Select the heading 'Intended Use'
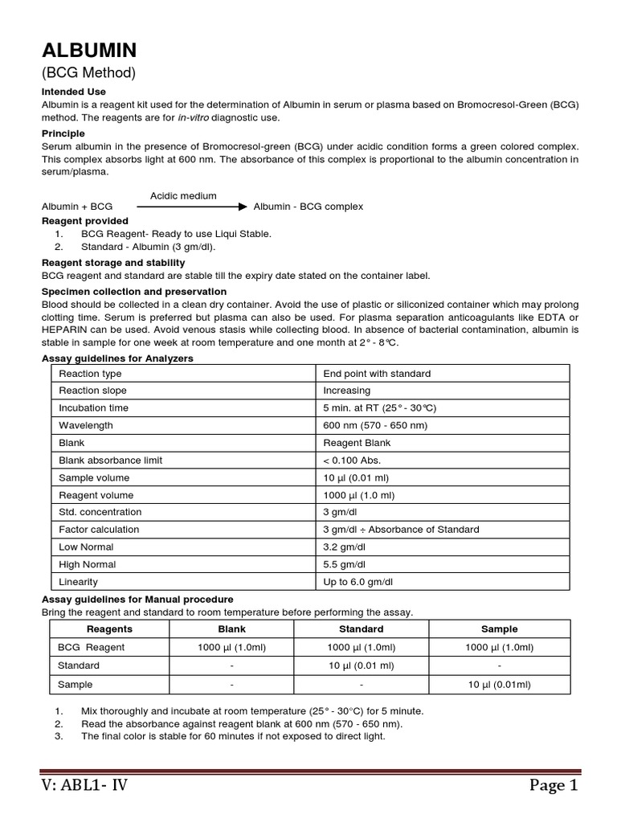tap(73, 92)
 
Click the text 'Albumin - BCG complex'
tap(308, 207)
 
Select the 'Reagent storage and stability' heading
tap(113, 263)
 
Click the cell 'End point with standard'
tap(377, 374)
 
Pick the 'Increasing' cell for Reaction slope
tap(347, 391)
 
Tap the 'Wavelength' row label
tap(86, 425)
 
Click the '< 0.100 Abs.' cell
tap(352, 461)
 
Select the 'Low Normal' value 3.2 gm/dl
tap(345, 547)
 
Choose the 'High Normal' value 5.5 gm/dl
tap(345, 564)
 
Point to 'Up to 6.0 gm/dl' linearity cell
tap(358, 581)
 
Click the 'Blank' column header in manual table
tap(232, 629)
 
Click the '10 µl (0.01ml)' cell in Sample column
tap(499, 685)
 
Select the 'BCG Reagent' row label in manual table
tap(92, 648)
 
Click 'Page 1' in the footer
tap(553, 786)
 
